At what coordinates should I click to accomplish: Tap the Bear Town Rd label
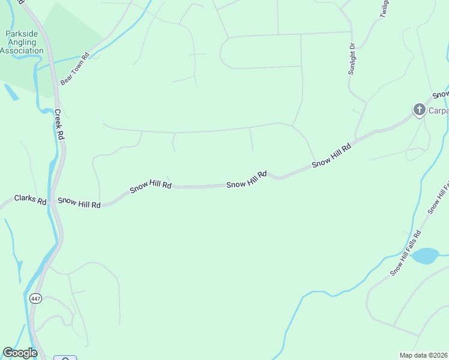[74, 69]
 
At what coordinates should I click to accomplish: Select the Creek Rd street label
[59, 124]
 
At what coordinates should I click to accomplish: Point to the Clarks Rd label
[30, 199]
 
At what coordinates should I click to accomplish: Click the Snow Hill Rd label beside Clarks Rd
[79, 203]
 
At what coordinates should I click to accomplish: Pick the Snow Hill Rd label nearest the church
[331, 156]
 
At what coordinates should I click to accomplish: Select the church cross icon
[419, 110]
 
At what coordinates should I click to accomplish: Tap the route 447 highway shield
[36, 298]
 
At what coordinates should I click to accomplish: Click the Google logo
[20, 353]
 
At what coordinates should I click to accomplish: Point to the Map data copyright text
[424, 355]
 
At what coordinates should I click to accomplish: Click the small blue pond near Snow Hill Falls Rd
[425, 256]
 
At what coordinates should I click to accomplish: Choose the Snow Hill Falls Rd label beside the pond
[406, 253]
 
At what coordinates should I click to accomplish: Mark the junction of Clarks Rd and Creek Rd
[53, 200]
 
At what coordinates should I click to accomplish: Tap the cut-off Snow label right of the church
[441, 94]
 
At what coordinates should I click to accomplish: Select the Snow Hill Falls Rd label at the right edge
[439, 196]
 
